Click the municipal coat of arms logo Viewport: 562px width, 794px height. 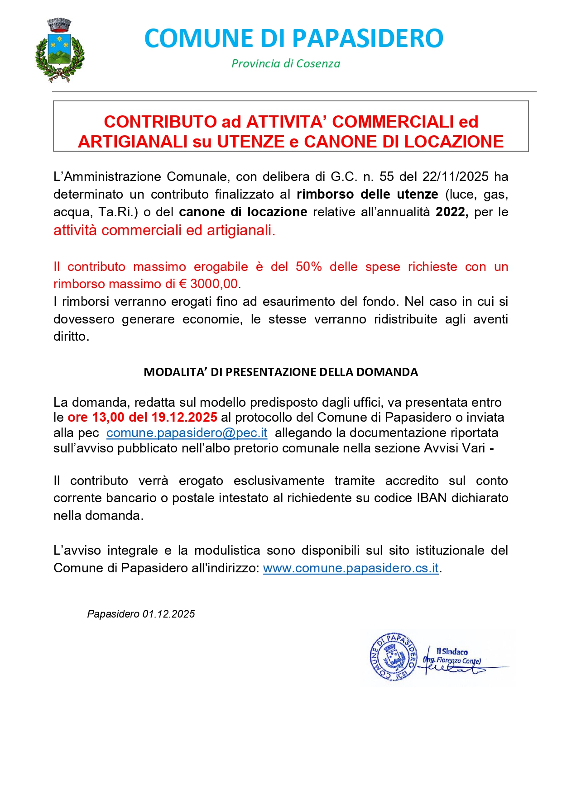pos(60,50)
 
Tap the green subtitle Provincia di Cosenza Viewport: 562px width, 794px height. pos(286,64)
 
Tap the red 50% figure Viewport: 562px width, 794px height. pos(308,266)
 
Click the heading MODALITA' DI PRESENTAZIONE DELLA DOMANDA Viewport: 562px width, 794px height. pos(281,372)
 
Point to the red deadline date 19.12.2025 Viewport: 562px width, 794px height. pos(184,417)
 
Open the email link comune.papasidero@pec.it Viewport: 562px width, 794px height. pos(187,433)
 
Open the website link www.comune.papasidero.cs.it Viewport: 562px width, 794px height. pos(351,568)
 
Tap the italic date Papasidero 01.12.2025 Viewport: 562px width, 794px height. pos(141,614)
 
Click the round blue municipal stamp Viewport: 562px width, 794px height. pos(393,656)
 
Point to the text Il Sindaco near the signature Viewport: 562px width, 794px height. pos(452,651)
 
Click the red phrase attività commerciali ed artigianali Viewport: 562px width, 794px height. pos(164,230)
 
